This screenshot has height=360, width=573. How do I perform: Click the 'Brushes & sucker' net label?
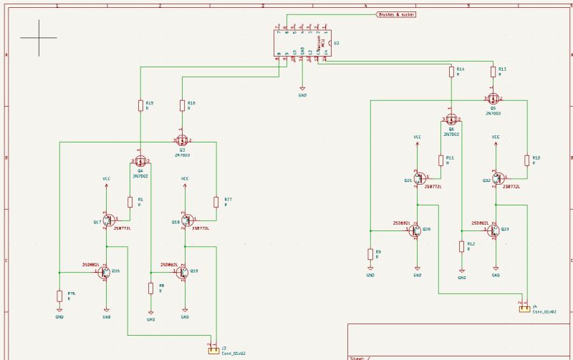(396, 14)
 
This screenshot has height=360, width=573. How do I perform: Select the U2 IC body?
(302, 43)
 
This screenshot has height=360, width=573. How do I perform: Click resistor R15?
(140, 106)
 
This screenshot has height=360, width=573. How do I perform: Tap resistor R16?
(182, 106)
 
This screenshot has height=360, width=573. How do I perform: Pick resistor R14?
(451, 72)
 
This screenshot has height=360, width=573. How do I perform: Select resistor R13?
(493, 72)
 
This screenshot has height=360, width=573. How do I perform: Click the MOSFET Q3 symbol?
(182, 140)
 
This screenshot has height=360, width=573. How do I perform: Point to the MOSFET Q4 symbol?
(140, 162)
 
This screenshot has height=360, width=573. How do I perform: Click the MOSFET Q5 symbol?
(493, 99)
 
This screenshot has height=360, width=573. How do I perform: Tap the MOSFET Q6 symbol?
(451, 120)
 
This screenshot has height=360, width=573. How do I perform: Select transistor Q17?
(108, 221)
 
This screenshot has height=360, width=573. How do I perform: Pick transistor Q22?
(496, 180)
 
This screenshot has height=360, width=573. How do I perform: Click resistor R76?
(59, 296)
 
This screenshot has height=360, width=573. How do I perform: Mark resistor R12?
(462, 246)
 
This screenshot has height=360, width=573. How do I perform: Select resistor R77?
(216, 202)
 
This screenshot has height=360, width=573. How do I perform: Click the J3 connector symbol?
(213, 350)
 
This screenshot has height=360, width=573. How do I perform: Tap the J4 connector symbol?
(524, 309)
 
